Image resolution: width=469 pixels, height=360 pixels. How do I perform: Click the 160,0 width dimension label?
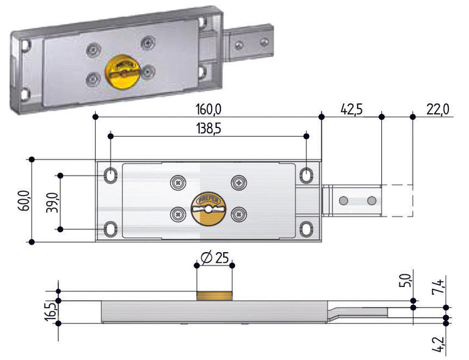tap(208, 109)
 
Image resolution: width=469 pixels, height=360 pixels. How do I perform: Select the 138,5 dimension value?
tap(208, 129)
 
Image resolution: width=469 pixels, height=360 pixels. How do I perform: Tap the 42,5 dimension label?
tap(352, 109)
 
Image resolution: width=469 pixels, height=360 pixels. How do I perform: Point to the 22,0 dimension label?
tap(438, 109)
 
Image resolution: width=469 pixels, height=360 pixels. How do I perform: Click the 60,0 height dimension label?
tap(25, 200)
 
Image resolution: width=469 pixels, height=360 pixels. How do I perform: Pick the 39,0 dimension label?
tap(52, 202)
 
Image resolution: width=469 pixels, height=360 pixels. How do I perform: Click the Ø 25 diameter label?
tap(215, 257)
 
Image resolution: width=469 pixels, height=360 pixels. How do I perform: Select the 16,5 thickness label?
tap(50, 312)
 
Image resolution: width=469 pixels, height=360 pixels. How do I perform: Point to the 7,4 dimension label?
tap(438, 286)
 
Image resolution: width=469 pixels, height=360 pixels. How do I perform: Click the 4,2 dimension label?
tap(438, 345)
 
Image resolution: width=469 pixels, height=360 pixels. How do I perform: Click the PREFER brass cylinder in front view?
tap(208, 208)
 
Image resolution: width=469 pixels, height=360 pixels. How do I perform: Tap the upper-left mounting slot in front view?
tap(111, 175)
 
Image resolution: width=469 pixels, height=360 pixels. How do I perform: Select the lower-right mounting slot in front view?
tap(307, 229)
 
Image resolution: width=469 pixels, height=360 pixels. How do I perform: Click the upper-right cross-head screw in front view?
tap(239, 182)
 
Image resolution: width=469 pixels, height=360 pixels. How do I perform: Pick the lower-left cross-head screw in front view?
tap(178, 215)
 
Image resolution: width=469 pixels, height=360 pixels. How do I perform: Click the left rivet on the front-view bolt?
tap(344, 200)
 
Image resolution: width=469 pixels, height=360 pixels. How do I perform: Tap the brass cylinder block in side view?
tap(214, 296)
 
